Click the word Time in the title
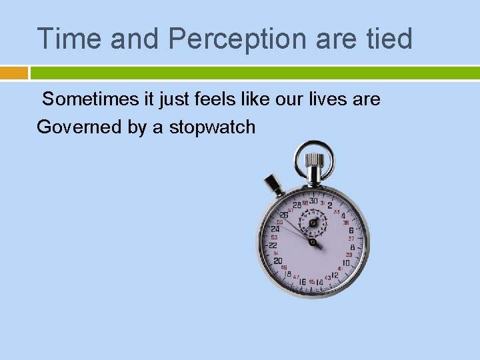click(x=69, y=39)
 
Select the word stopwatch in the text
click(x=212, y=127)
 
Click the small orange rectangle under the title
click(x=14, y=73)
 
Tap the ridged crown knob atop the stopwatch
click(x=314, y=161)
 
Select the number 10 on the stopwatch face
click(x=347, y=263)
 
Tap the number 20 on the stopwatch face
click(x=278, y=261)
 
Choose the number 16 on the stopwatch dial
click(x=302, y=282)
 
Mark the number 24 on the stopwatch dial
click(x=275, y=229)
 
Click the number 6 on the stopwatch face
click(x=351, y=230)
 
